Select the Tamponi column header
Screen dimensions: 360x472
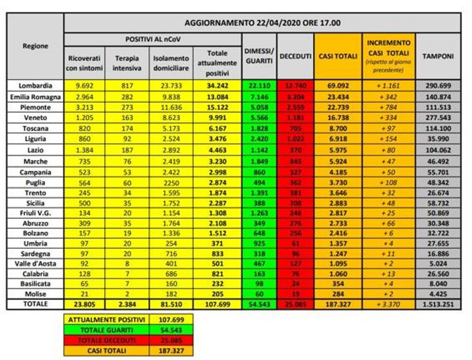pos(438,56)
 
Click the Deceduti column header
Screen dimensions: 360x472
pos(295,56)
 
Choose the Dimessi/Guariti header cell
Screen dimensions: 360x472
pos(259,56)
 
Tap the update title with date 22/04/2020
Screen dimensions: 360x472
pos(262,22)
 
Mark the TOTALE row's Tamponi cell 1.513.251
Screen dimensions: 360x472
pos(438,304)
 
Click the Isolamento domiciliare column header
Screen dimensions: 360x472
pos(171,62)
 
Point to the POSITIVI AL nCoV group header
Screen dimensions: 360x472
pos(153,39)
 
